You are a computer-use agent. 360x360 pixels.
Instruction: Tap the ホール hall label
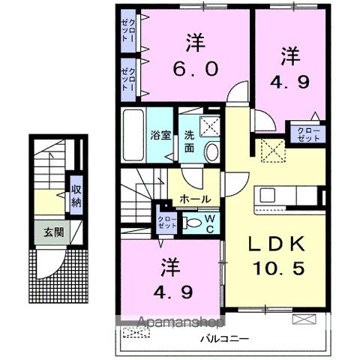(x=195, y=199)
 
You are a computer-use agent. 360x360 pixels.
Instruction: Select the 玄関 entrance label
(x=52, y=232)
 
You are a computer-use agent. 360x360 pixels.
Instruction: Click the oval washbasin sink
(x=211, y=152)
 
